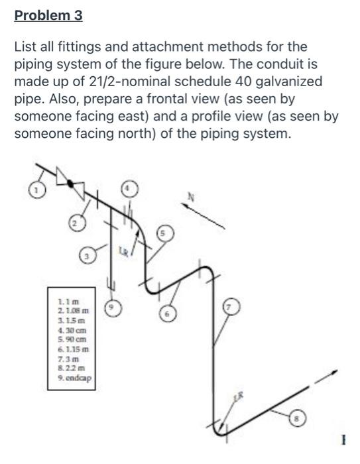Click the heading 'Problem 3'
[48, 15]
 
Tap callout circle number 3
[86, 255]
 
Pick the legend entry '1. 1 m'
[68, 302]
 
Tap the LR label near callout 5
[123, 251]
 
